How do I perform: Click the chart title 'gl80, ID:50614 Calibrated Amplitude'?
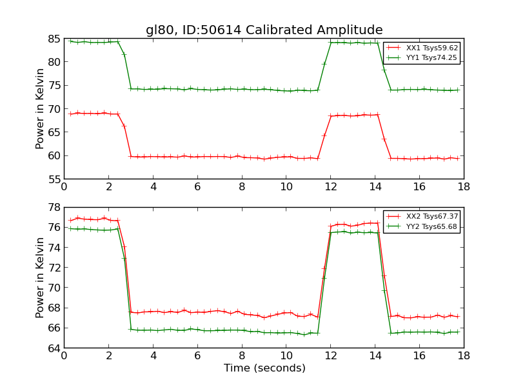tap(264, 30)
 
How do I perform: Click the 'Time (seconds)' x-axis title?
tap(264, 368)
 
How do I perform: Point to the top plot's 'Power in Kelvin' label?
tap(41, 108)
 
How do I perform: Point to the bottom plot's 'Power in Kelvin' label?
tap(41, 277)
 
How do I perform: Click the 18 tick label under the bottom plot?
tap(464, 355)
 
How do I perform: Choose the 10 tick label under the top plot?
tap(286, 186)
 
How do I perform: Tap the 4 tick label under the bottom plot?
tap(153, 355)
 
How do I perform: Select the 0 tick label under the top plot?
tap(64, 186)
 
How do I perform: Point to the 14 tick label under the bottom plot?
tap(375, 355)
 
